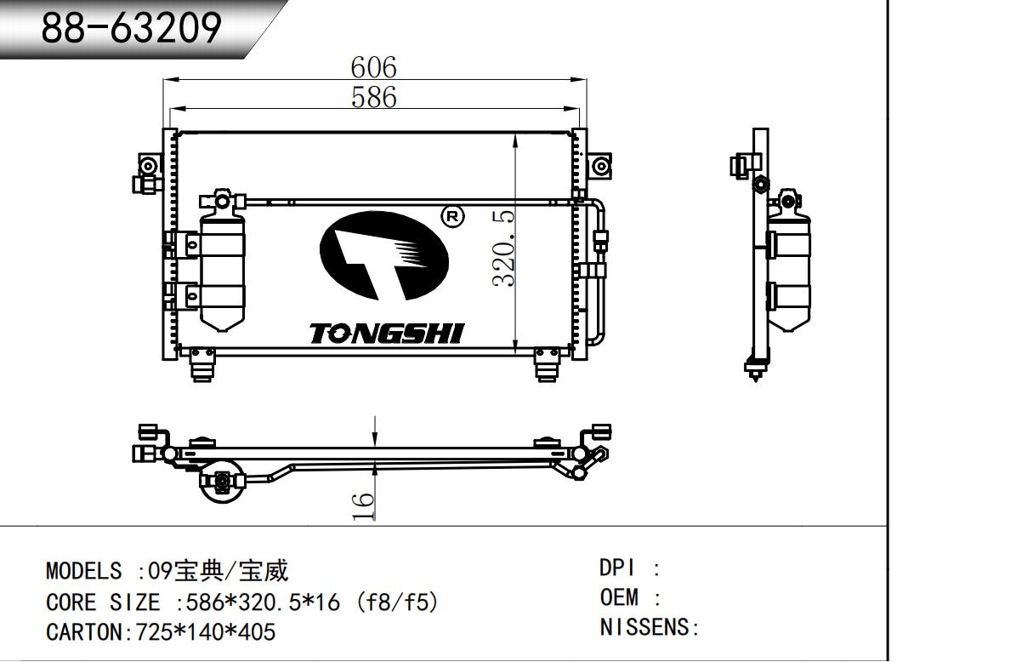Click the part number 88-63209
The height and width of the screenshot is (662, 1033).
pyautogui.click(x=132, y=28)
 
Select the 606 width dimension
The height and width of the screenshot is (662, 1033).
pyautogui.click(x=373, y=67)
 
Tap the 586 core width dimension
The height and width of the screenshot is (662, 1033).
pyautogui.click(x=373, y=97)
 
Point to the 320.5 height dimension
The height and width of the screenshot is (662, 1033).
pyautogui.click(x=503, y=248)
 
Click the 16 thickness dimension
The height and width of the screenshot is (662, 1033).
pyautogui.click(x=363, y=506)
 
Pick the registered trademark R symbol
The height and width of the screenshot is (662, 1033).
pyautogui.click(x=453, y=216)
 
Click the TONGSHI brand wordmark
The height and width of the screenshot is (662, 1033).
pyautogui.click(x=387, y=334)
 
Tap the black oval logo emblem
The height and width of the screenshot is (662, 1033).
pyautogui.click(x=384, y=256)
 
